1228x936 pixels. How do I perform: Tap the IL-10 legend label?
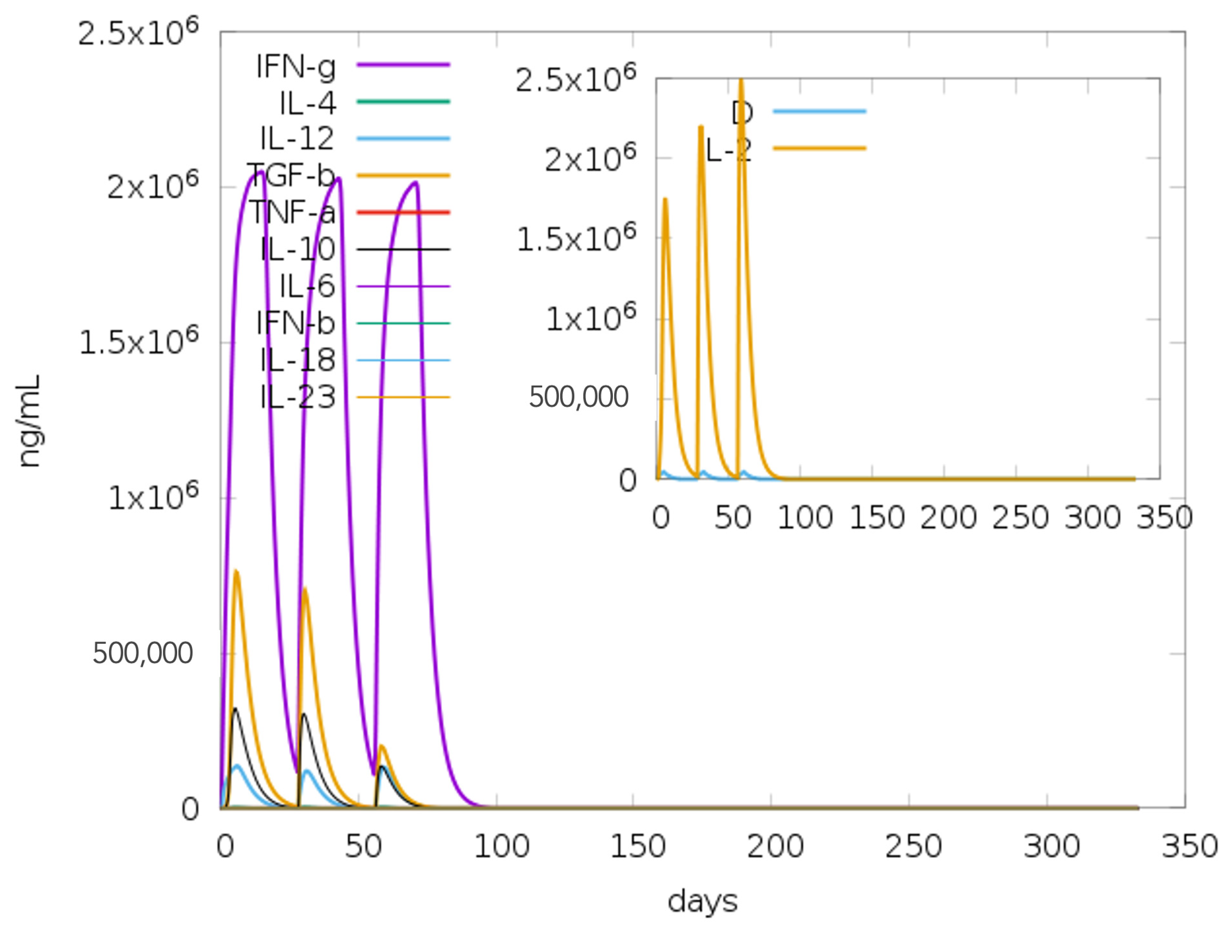pyautogui.click(x=298, y=249)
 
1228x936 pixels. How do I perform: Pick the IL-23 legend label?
pyautogui.click(x=298, y=397)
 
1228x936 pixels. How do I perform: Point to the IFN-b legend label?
pyautogui.click(x=295, y=323)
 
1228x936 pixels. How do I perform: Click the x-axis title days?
pyautogui.click(x=702, y=901)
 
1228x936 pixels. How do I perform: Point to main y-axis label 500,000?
pyautogui.click(x=143, y=653)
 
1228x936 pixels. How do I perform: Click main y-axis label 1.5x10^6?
pyautogui.click(x=139, y=342)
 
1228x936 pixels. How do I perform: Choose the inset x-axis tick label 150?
pyautogui.click(x=876, y=518)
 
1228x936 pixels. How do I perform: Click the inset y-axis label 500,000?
pyautogui.click(x=578, y=397)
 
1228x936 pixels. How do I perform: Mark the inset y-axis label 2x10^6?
pyautogui.click(x=590, y=158)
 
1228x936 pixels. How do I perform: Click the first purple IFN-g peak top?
pyautogui.click(x=260, y=172)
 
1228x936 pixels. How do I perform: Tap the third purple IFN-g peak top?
pyautogui.click(x=415, y=183)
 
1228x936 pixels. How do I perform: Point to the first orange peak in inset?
pyautogui.click(x=665, y=199)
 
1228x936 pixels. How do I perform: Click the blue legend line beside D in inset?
pyautogui.click(x=819, y=111)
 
